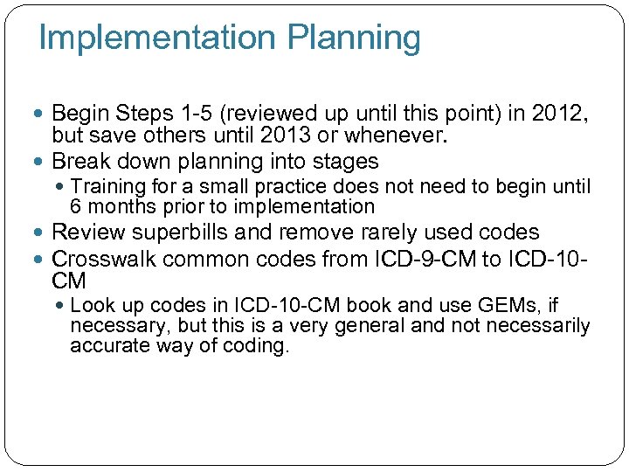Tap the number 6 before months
click(x=76, y=207)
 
